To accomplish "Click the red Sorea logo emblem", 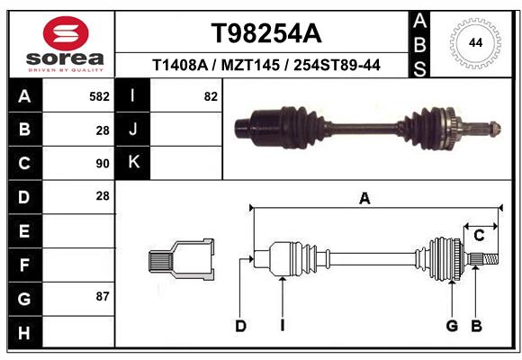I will [x=65, y=33].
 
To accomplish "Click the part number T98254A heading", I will [x=265, y=33].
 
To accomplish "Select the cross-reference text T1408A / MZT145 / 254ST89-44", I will [x=265, y=65].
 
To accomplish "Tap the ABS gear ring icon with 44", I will [x=473, y=41].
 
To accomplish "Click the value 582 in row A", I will [x=99, y=96].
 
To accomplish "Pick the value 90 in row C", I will [x=102, y=164].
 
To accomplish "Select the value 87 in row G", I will [x=102, y=296].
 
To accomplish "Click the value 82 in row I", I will [x=211, y=96].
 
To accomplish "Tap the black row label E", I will [x=23, y=231].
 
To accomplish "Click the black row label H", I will [x=23, y=332].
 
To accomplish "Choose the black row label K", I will [x=133, y=163].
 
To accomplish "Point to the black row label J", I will [x=133, y=130].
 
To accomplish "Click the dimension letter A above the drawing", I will [x=364, y=199].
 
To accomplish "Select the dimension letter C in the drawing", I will [x=479, y=236].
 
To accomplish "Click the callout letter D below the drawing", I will [x=240, y=326].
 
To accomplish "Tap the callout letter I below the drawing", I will [x=282, y=326].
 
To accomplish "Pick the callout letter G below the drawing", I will [x=452, y=326].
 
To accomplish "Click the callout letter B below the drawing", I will [x=476, y=326].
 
